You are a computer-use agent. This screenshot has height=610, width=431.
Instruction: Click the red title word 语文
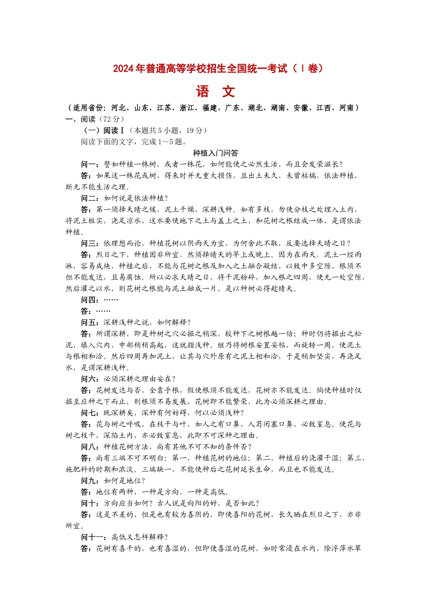coord(215,92)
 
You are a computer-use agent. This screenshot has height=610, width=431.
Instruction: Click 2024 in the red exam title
coord(122,69)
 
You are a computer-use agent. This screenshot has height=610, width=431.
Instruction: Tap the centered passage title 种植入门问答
coord(215,153)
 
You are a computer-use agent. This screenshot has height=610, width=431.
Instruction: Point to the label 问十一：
coord(96,537)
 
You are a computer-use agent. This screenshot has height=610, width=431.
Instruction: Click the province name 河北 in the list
coord(119,108)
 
